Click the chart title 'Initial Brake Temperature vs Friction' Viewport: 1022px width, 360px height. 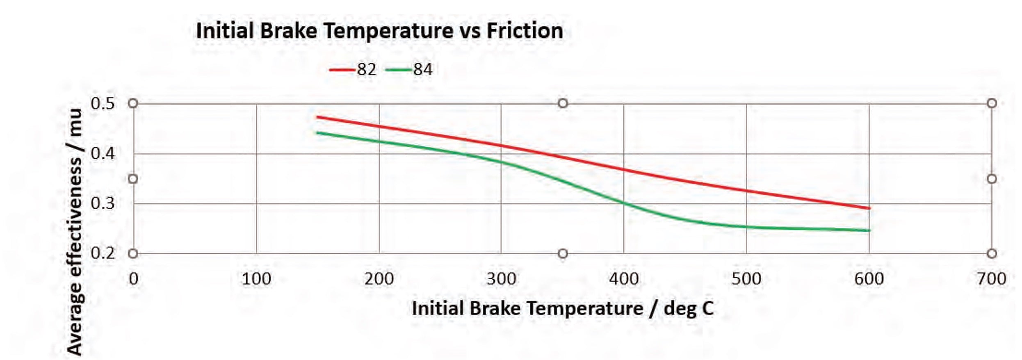[x=379, y=31]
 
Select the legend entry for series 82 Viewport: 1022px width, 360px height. [x=353, y=70]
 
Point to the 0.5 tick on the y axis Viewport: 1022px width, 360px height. [x=103, y=104]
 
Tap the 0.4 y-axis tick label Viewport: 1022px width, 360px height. [x=103, y=154]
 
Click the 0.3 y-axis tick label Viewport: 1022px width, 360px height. [x=103, y=203]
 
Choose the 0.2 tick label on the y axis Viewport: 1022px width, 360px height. [x=103, y=253]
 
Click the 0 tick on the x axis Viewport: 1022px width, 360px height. [x=133, y=279]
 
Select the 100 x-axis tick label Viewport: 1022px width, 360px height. [x=256, y=279]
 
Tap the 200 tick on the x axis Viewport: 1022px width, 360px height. [x=379, y=279]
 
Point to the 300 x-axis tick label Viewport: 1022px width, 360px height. [x=501, y=279]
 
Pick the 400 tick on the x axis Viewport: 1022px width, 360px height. [x=623, y=279]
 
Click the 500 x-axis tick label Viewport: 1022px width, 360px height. [x=746, y=279]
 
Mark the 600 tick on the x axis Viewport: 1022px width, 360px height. [x=869, y=279]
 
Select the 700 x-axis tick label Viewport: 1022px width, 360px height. [x=991, y=279]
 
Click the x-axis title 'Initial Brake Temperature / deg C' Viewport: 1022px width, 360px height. [x=563, y=309]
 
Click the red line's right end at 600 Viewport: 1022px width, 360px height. [x=869, y=208]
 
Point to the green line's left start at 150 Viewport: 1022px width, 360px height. [x=317, y=132]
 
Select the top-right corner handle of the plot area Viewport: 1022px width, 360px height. [x=992, y=103]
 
